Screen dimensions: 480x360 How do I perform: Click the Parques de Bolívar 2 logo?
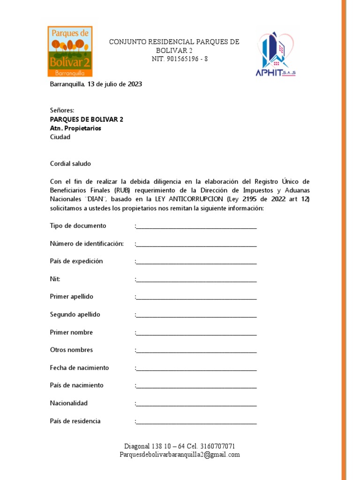tap(70, 51)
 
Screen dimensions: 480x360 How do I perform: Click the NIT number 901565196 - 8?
tap(180, 59)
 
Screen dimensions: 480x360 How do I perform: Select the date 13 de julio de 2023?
tap(114, 84)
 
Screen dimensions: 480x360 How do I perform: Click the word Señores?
tap(62, 111)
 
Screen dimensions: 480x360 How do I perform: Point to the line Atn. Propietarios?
tap(75, 128)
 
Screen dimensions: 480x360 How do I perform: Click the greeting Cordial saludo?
tap(70, 164)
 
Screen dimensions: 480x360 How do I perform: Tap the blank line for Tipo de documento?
tap(196, 227)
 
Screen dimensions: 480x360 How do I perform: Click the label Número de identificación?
tap(87, 244)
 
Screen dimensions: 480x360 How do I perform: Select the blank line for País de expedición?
tap(196, 262)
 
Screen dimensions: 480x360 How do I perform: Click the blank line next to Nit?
tap(196, 280)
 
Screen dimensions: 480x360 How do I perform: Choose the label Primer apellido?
tap(72, 297)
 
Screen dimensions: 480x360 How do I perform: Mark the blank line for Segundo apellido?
tap(196, 315)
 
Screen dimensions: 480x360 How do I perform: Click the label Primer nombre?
tap(71, 332)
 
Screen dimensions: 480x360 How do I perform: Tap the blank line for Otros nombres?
tap(196, 351)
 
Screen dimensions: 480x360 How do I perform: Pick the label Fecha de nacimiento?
tap(79, 368)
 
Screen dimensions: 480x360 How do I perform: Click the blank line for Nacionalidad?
tap(196, 405)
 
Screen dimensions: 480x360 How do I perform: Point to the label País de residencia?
tap(75, 421)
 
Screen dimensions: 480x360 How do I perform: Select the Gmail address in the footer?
tap(180, 455)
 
